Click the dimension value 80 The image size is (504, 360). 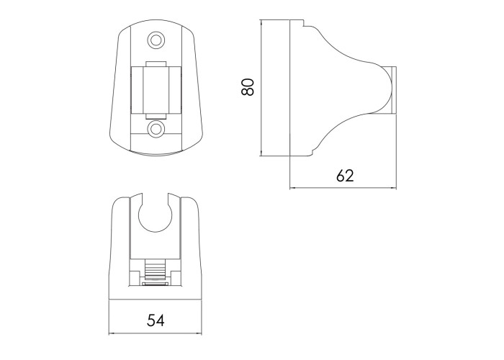point(248,87)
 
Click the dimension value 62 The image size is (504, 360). point(345,176)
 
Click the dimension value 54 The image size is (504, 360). point(156,320)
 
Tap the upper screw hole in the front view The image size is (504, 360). point(156,40)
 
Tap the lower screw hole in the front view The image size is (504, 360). point(156,129)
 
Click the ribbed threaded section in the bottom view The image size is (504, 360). point(155,270)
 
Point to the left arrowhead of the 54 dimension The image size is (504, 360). point(111,333)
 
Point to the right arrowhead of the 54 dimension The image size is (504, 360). point(199,333)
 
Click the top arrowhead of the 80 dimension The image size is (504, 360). point(262,22)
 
